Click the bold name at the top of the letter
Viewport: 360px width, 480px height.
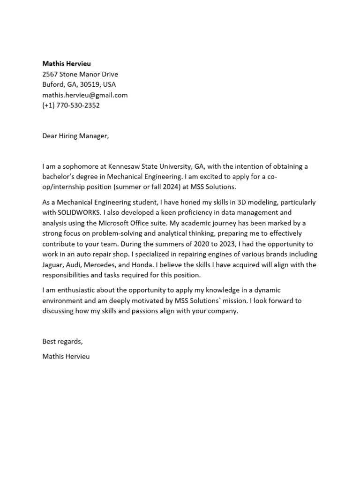(x=67, y=63)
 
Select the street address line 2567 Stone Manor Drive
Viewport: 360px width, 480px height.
(x=80, y=74)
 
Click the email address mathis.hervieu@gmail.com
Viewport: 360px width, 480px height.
(x=85, y=95)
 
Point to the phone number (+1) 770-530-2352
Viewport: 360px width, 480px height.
(x=71, y=105)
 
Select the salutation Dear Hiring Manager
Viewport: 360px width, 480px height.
(x=75, y=136)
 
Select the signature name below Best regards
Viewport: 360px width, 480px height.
(x=66, y=356)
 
